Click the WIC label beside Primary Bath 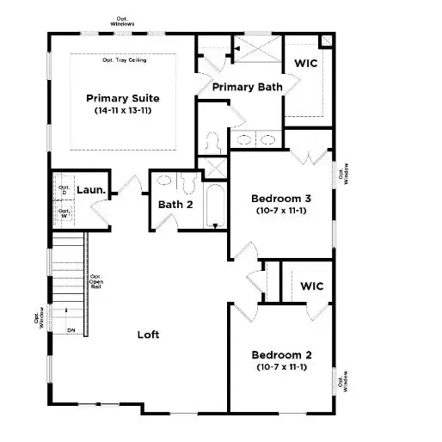pyautogui.click(x=307, y=64)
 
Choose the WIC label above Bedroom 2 pyautogui.click(x=311, y=286)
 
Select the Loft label pyautogui.click(x=149, y=335)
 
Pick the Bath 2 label pyautogui.click(x=174, y=205)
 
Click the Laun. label pyautogui.click(x=90, y=190)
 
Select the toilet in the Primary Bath pyautogui.click(x=214, y=140)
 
